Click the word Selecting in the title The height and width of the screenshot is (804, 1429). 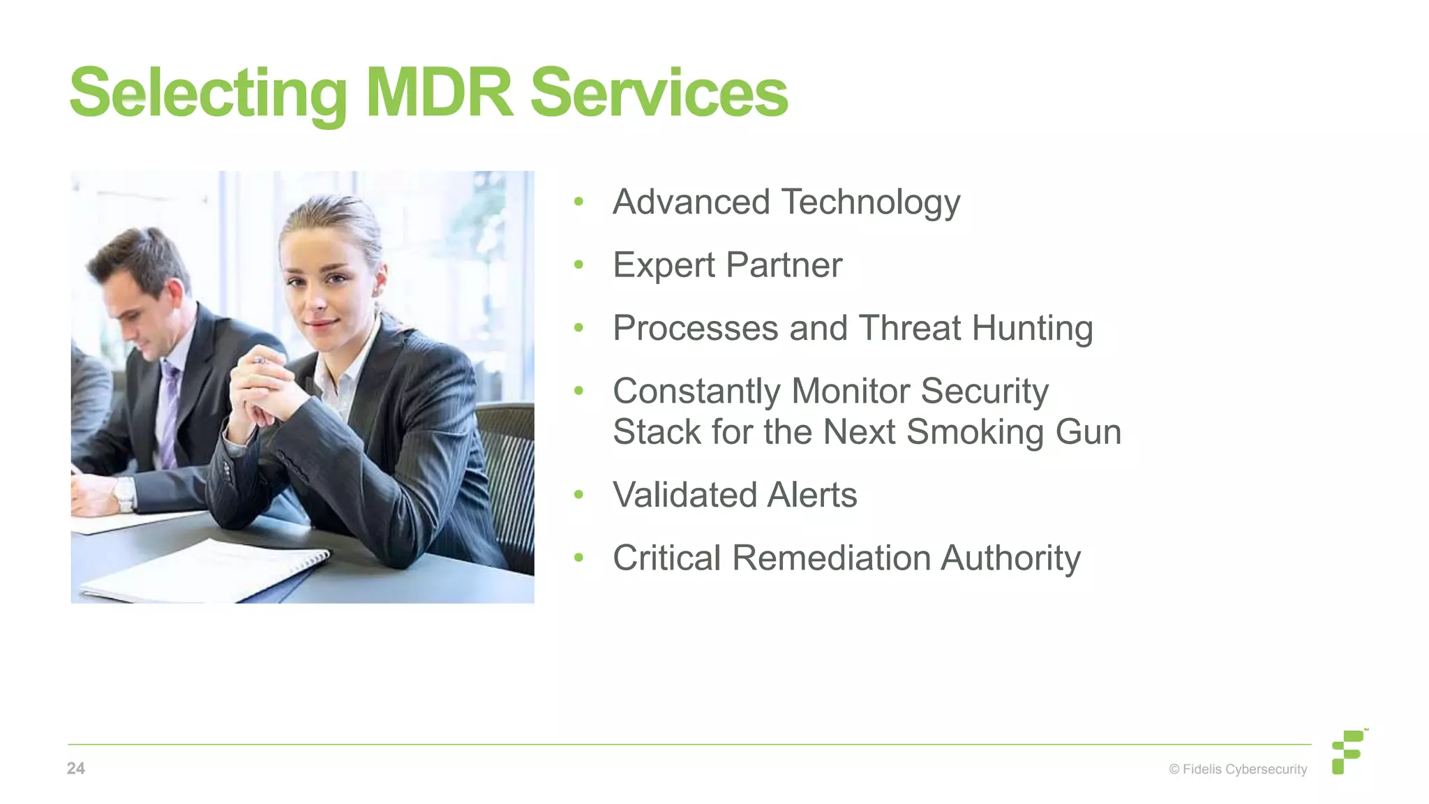pos(208,94)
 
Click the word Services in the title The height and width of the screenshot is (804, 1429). pos(659,94)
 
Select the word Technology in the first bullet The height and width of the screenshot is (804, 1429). pos(870,203)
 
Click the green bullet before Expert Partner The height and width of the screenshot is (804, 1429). pos(578,265)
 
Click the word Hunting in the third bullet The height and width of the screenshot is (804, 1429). pos(1032,329)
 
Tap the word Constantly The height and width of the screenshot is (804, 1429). pos(696,392)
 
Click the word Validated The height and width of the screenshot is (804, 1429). pos(684,495)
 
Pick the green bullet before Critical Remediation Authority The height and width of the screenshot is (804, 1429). pos(578,558)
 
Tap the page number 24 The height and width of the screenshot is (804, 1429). pos(75,768)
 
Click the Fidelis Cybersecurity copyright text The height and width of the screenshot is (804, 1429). pos(1238,769)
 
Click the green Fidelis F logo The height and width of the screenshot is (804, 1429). pos(1348,752)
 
